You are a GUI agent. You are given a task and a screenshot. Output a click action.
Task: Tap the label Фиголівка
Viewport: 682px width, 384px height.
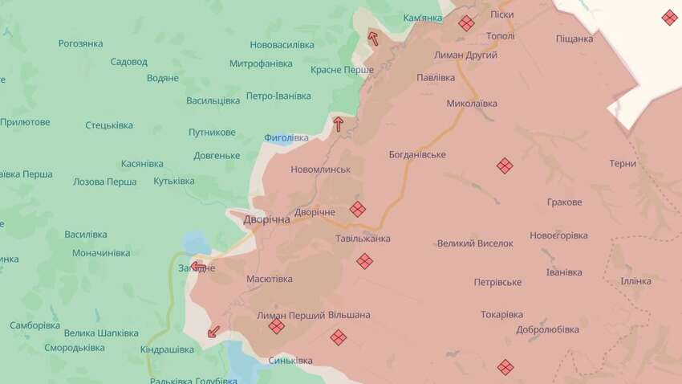point(286,137)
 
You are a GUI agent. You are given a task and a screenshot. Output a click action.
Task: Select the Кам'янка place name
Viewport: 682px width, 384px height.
point(422,18)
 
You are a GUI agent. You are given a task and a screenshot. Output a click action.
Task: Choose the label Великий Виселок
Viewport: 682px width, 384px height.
point(475,243)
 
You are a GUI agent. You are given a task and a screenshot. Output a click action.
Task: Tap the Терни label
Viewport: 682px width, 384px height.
point(623,163)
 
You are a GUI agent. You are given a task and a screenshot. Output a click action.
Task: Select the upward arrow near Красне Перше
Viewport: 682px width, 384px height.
point(373,36)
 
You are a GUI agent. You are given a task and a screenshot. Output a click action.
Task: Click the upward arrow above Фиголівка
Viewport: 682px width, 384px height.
point(338,124)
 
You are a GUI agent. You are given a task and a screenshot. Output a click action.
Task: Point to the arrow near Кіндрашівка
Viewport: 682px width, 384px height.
point(213,330)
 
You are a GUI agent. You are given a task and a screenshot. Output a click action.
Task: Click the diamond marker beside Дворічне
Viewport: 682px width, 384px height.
point(358,209)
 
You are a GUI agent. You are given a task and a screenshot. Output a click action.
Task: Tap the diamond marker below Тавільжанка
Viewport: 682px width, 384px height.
point(364,261)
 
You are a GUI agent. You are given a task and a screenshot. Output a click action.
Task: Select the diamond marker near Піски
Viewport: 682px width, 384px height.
point(466,23)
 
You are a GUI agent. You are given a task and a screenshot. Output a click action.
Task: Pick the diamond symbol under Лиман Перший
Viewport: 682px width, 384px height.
point(276,326)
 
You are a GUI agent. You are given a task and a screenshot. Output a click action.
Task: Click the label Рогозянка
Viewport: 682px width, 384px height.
point(80,43)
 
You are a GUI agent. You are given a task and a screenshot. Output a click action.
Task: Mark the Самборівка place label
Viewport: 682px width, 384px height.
point(35,325)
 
